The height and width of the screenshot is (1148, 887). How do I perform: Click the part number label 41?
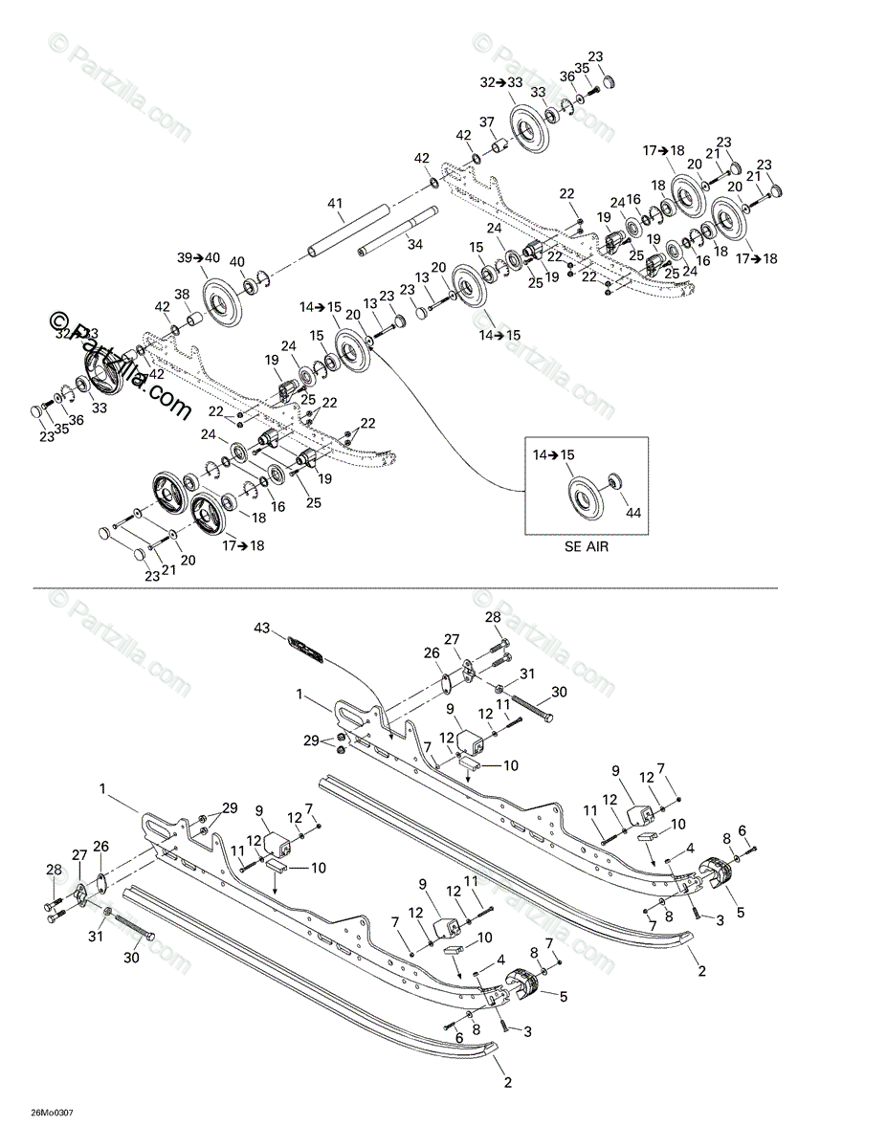tap(334, 204)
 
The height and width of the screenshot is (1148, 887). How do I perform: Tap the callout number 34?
tap(414, 245)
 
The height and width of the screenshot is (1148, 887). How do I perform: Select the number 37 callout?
tap(487, 121)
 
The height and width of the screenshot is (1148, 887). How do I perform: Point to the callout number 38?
tap(182, 294)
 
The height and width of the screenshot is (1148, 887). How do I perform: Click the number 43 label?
tap(262, 628)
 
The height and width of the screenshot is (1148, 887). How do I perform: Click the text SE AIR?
tap(586, 547)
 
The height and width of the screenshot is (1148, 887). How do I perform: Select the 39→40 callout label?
tap(198, 257)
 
